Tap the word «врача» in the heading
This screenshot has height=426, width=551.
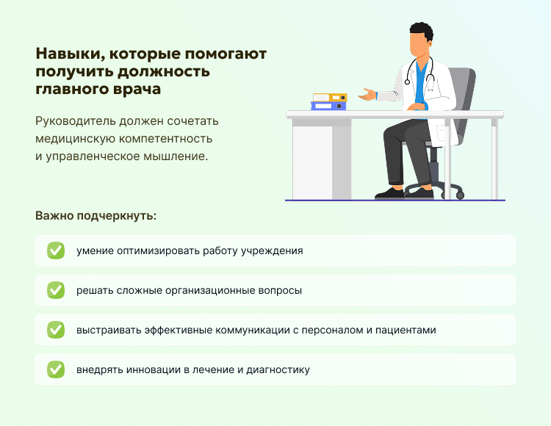pyautogui.click(x=137, y=90)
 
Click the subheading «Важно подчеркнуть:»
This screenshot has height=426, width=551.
pyautogui.click(x=96, y=217)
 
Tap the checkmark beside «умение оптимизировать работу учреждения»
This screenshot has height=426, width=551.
pyautogui.click(x=56, y=250)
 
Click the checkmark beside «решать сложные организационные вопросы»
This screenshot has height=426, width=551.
pyautogui.click(x=56, y=290)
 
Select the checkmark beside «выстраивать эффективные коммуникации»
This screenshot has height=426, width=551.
pyautogui.click(x=56, y=330)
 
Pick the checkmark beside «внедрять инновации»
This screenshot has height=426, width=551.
pyautogui.click(x=56, y=369)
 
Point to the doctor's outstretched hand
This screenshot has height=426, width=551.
pyautogui.click(x=365, y=95)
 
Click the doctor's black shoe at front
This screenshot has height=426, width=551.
pyautogui.click(x=389, y=194)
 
